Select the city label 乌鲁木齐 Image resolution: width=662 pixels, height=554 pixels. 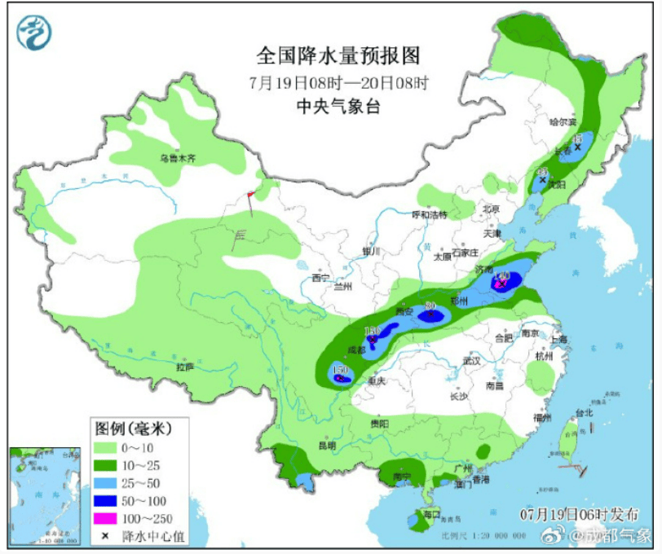pos(178,159)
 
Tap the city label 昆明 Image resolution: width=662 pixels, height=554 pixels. pos(326,446)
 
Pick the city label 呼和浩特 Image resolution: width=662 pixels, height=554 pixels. pos(429,215)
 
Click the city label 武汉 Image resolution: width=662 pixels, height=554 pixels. pos(470,359)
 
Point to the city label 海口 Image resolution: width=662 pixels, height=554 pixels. pos(431,514)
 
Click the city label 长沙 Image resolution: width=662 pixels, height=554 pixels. pos(458,396)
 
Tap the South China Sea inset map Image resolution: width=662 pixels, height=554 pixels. pos(46,495)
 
